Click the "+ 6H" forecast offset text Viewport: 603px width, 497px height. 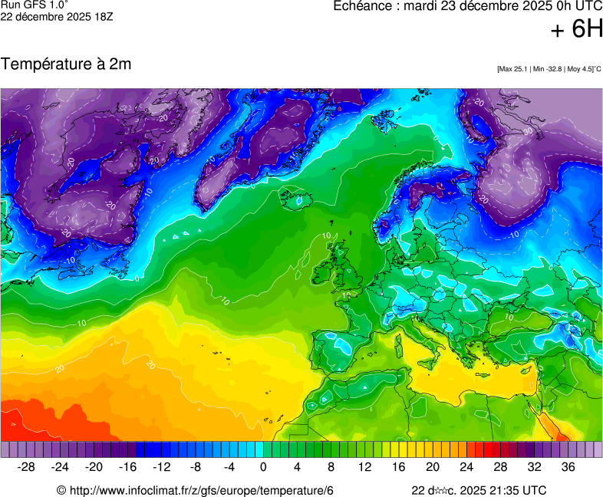pyautogui.click(x=577, y=29)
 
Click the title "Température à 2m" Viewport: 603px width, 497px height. pyautogui.click(x=66, y=64)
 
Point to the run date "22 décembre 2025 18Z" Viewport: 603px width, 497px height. pyautogui.click(x=57, y=16)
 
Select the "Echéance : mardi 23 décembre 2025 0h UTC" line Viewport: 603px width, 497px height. pyautogui.click(x=468, y=6)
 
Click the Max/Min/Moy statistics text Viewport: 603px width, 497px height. pyautogui.click(x=549, y=69)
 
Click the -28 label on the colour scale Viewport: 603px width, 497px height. pyautogui.click(x=27, y=467)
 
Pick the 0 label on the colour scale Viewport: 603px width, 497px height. pyautogui.click(x=263, y=467)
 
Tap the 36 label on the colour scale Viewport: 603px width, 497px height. pyautogui.click(x=568, y=467)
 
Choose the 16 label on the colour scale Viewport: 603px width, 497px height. pyautogui.click(x=399, y=467)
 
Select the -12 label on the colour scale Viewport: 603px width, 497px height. pyautogui.click(x=161, y=467)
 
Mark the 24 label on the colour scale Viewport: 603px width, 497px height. pyautogui.click(x=466, y=467)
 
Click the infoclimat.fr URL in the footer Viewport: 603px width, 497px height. pyautogui.click(x=196, y=490)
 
